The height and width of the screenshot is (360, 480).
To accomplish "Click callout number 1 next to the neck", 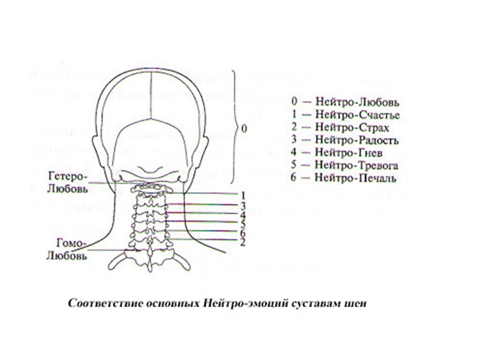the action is [244, 195].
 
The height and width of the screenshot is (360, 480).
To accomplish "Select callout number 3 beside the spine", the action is [244, 205].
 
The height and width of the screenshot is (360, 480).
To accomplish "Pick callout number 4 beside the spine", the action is [243, 215].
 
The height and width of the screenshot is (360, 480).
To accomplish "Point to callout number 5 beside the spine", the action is [244, 224].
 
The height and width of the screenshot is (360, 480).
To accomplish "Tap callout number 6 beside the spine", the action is [243, 233].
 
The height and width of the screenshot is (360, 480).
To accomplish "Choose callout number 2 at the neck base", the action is [242, 242].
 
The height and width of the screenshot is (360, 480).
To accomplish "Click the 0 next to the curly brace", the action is [243, 128].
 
